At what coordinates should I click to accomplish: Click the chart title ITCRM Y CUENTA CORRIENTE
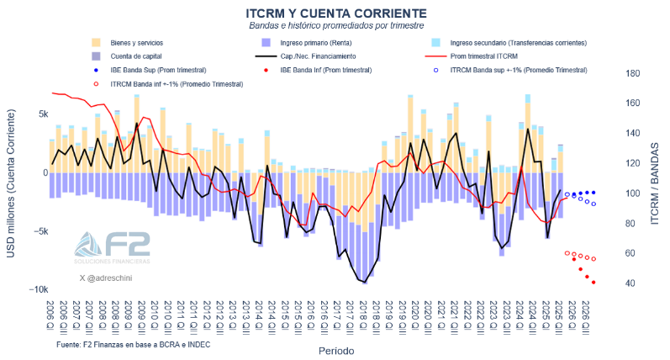tap(335, 13)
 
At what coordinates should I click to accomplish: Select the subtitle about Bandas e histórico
tap(335, 26)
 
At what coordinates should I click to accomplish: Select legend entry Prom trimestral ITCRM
tap(488, 56)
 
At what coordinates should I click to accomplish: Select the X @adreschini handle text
tap(106, 277)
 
